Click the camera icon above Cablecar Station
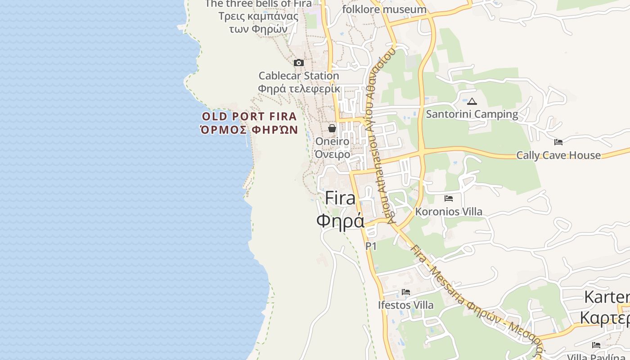pyautogui.click(x=299, y=63)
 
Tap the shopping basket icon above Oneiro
pyautogui.click(x=332, y=129)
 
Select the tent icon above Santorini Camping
pyautogui.click(x=472, y=102)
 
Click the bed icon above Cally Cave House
pyautogui.click(x=558, y=142)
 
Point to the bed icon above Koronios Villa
pyautogui.click(x=449, y=198)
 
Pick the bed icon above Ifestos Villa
pyautogui.click(x=406, y=292)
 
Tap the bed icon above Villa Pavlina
pyautogui.click(x=596, y=345)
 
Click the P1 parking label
pyautogui.click(x=371, y=246)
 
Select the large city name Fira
pyautogui.click(x=340, y=198)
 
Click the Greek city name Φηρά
pyautogui.click(x=340, y=221)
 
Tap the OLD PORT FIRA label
pyautogui.click(x=249, y=117)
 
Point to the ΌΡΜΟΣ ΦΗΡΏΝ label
pyautogui.click(x=249, y=130)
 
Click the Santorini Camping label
pyautogui.click(x=472, y=114)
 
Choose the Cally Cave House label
pyautogui.click(x=558, y=155)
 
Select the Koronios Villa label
pyautogui.click(x=449, y=211)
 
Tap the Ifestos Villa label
pyautogui.click(x=406, y=305)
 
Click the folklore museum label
pyautogui.click(x=384, y=9)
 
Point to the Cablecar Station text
pyautogui.click(x=299, y=76)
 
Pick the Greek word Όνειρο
pyautogui.click(x=333, y=154)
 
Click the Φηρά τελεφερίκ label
pyautogui.click(x=299, y=89)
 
